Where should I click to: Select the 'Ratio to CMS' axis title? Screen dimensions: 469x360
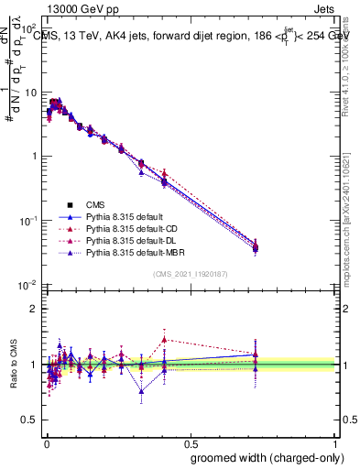pyautogui.click(x=12, y=365)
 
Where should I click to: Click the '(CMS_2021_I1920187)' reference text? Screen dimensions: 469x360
pyautogui.click(x=190, y=274)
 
